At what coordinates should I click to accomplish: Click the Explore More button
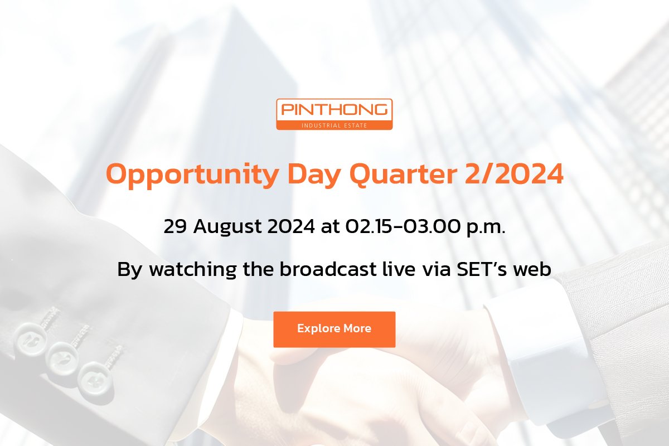pos(334,329)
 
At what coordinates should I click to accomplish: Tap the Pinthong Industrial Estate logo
pos(334,114)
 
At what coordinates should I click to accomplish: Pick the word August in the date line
pos(227,227)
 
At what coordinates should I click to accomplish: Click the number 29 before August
pos(175,226)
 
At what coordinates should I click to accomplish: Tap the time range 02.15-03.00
pos(403,226)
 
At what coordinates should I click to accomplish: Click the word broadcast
pos(328,269)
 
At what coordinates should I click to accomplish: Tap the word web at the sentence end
pos(532,269)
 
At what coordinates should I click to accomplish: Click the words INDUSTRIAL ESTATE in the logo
pos(334,125)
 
